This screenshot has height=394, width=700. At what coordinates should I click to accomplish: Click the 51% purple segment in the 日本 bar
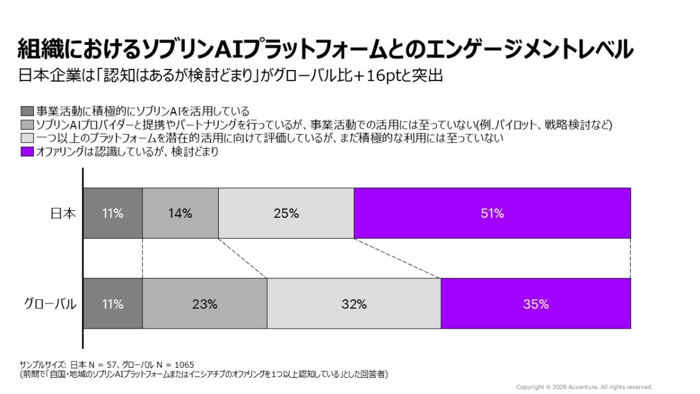coord(492,214)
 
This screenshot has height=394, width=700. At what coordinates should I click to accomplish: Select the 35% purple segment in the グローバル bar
coord(535,304)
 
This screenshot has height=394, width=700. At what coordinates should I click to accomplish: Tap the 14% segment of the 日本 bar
coord(180,214)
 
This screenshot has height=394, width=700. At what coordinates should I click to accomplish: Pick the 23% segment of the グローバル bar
coord(205,304)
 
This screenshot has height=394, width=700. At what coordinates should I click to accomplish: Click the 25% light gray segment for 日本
coord(286,214)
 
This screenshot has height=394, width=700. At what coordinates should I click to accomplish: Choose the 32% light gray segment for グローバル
coord(353,304)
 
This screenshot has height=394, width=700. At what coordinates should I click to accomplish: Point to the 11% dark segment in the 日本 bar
coord(113,214)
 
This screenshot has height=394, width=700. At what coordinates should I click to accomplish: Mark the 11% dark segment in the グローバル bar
coord(113,304)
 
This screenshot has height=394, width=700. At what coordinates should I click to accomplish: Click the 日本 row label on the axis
coord(63,214)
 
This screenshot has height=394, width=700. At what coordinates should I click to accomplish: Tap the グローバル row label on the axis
coord(50,304)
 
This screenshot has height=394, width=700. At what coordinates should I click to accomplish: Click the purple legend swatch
coord(27,152)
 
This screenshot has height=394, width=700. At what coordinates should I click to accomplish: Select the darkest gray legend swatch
coord(27,111)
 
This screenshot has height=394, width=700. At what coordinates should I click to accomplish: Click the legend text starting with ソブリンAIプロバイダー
coord(324,125)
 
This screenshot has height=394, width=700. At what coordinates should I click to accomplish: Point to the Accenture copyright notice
coord(584,387)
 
